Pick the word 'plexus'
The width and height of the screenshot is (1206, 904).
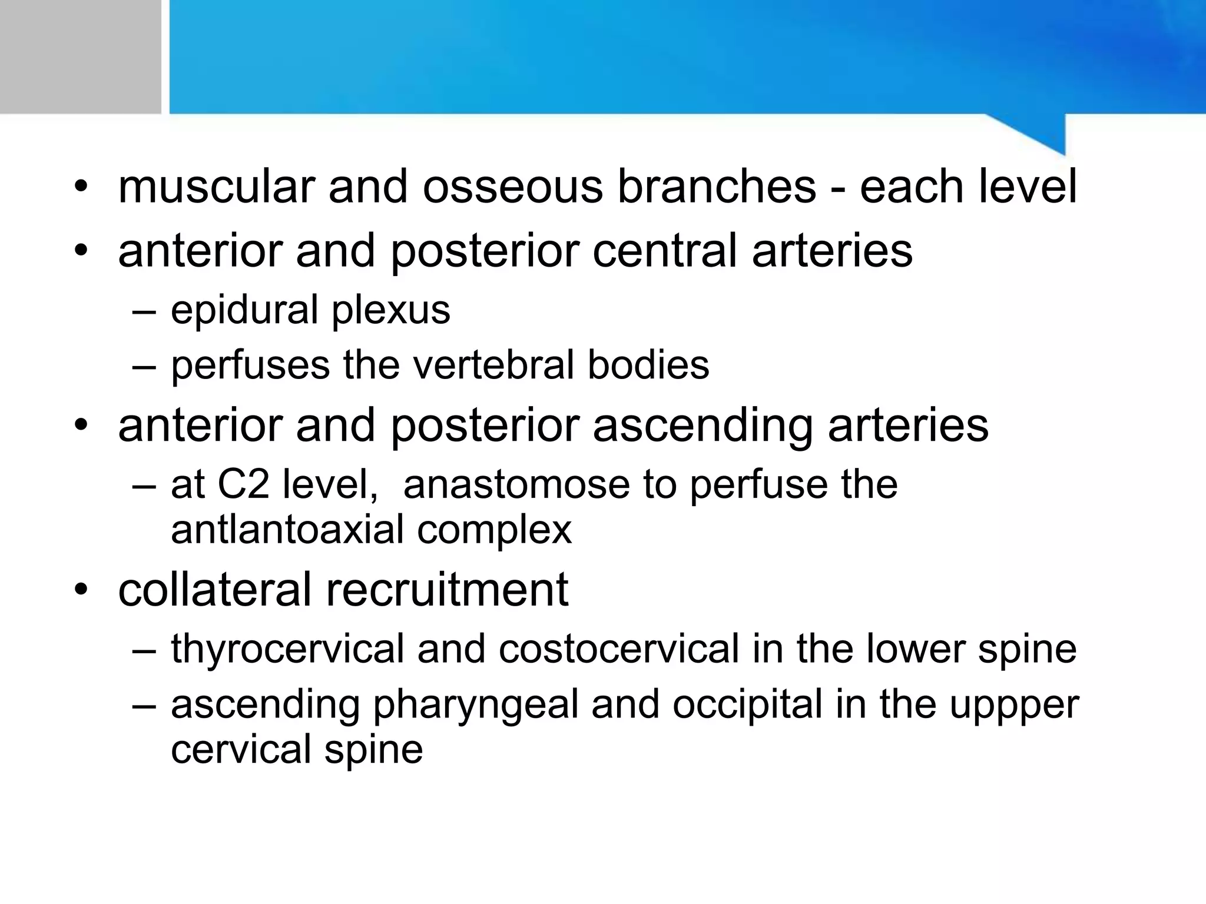click(391, 310)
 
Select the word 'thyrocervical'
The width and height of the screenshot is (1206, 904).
click(287, 649)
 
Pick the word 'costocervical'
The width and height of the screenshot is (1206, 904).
click(618, 649)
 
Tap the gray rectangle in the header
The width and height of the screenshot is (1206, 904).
click(80, 56)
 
